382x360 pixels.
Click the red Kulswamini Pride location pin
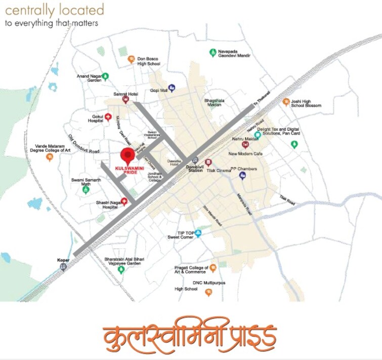coord(128,154)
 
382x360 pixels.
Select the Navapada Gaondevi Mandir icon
coord(213,53)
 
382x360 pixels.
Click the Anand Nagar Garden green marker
coord(105,77)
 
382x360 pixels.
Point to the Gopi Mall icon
coord(172,88)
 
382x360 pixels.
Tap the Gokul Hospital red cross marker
coord(108,117)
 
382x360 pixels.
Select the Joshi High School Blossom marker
coord(286,102)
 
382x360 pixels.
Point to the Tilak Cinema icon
coord(208,162)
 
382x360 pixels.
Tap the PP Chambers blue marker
coord(242,175)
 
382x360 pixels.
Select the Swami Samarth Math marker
coord(86,190)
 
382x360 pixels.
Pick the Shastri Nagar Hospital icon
coord(123,202)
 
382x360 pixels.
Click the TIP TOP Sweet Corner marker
coord(198,234)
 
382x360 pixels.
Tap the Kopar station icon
coord(63,266)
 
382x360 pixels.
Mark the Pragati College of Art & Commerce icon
coord(213,267)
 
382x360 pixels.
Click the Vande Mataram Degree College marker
coord(50,157)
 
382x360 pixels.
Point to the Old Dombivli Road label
coord(84,144)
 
